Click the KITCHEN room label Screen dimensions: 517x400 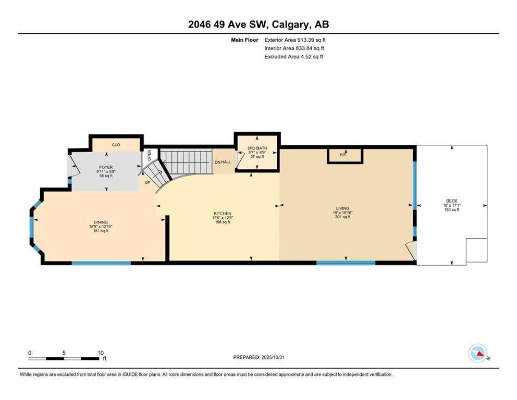click(223, 214)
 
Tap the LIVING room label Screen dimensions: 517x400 click(342, 208)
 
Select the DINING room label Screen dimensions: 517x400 click(101, 222)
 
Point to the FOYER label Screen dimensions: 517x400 click(106, 167)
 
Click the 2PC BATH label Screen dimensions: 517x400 click(257, 148)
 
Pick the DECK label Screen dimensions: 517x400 click(452, 201)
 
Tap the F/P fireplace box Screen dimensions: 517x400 click(345, 156)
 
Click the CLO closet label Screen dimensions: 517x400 click(116, 145)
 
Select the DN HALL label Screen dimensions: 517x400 click(223, 162)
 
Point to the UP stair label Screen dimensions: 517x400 click(147, 182)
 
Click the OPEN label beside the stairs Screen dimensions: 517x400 click(149, 155)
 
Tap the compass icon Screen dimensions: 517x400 click(478, 353)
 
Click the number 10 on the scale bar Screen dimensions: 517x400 click(101, 353)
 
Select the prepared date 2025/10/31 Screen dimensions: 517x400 click(273, 357)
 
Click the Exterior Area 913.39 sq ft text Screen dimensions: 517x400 click(295, 40)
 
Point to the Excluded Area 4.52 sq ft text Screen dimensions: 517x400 click(293, 57)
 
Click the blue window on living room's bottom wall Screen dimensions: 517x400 click(346, 263)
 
